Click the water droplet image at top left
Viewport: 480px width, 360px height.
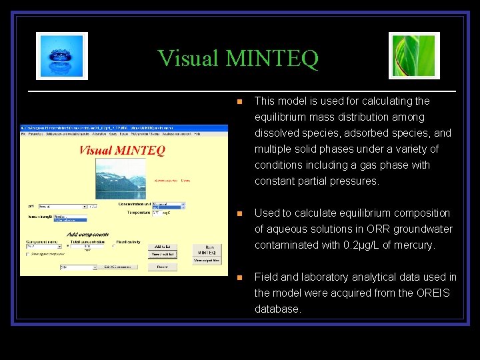[62, 56]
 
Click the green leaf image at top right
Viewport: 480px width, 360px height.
[414, 56]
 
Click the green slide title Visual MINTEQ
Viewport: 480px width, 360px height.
[238, 59]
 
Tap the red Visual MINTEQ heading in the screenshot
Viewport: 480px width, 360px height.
[122, 150]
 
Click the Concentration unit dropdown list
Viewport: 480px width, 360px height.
[168, 205]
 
